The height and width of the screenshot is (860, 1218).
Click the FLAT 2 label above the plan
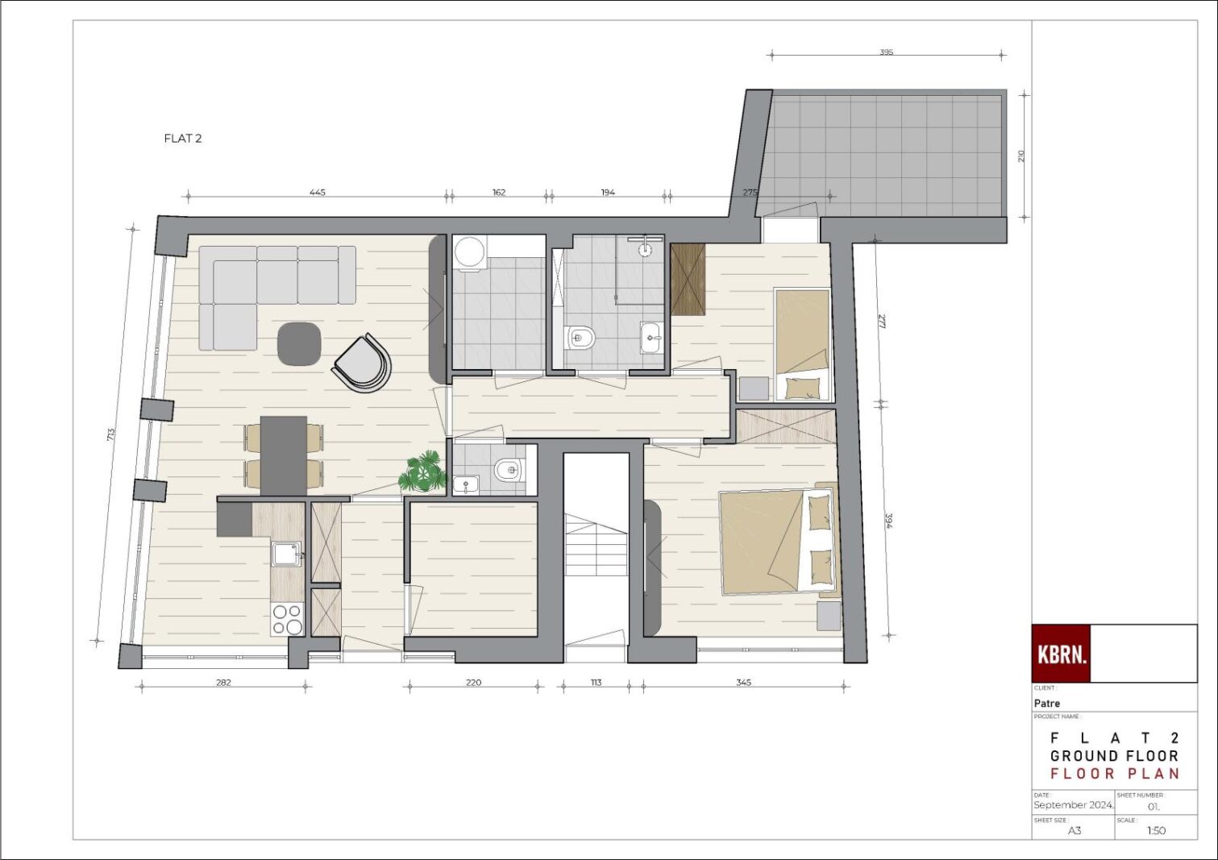click(x=183, y=139)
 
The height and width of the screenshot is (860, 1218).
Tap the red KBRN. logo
click(x=1061, y=654)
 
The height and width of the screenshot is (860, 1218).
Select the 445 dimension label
click(x=318, y=192)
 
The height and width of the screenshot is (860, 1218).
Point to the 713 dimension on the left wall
click(x=111, y=434)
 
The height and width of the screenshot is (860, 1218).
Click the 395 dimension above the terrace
click(x=887, y=52)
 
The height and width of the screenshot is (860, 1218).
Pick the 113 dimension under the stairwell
click(x=596, y=682)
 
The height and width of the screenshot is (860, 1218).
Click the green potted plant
click(x=422, y=472)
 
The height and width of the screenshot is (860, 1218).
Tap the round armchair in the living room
click(x=363, y=363)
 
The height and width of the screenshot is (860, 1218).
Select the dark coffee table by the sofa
click(x=299, y=344)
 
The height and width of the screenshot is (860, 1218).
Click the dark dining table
click(x=283, y=455)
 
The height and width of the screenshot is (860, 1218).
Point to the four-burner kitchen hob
click(x=287, y=619)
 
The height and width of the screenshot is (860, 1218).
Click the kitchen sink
click(x=286, y=554)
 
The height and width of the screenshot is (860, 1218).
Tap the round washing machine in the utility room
click(x=469, y=253)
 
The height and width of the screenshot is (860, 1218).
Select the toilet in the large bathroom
click(x=580, y=338)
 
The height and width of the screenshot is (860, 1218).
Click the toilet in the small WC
click(x=509, y=470)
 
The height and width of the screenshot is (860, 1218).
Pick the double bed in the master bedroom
click(x=778, y=540)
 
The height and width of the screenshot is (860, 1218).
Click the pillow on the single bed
click(x=803, y=388)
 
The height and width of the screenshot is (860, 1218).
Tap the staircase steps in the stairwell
click(x=596, y=543)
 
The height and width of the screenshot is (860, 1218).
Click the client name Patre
click(x=1047, y=703)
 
